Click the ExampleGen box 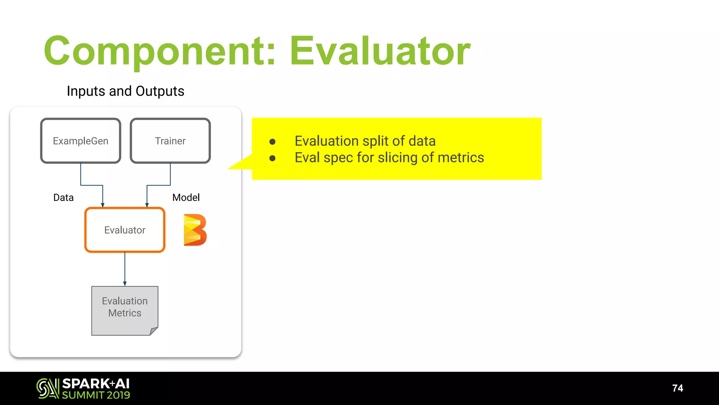click(80, 141)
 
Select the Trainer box click(170, 141)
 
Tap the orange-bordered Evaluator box click(125, 230)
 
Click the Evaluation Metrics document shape click(125, 309)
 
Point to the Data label click(63, 198)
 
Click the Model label click(186, 198)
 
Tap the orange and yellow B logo click(195, 230)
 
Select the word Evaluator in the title click(380, 51)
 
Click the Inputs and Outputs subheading click(125, 91)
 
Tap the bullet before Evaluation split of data click(272, 142)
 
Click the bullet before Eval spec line click(272, 158)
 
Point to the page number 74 click(677, 388)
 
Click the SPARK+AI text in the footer click(96, 384)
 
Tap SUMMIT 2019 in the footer click(96, 395)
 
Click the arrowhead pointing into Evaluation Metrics click(125, 284)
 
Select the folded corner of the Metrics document click(154, 331)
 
